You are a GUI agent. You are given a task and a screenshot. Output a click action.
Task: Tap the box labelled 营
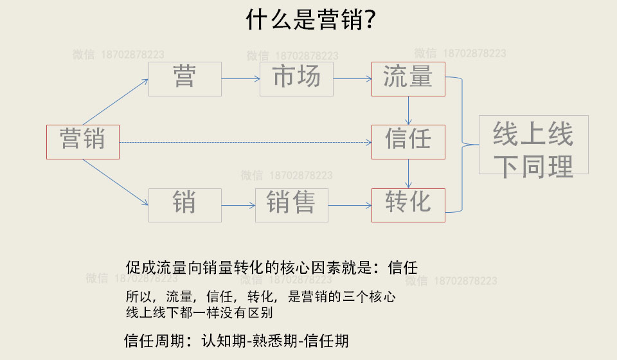click(184, 79)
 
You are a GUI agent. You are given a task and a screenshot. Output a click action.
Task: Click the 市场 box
click(296, 79)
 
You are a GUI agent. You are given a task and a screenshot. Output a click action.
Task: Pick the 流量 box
click(407, 79)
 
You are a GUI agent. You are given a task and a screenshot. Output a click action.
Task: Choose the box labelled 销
click(184, 205)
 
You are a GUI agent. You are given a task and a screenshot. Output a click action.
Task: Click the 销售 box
click(291, 205)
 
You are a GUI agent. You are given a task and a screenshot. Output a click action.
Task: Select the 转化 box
click(407, 205)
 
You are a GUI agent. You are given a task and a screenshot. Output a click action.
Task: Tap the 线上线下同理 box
click(533, 145)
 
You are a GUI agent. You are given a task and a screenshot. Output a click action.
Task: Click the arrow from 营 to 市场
click(240, 79)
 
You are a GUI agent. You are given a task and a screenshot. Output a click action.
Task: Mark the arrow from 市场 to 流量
click(352, 79)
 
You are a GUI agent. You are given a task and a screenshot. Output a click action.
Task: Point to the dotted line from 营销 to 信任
click(244, 142)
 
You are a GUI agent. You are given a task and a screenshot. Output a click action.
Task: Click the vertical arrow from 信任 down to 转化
click(408, 174)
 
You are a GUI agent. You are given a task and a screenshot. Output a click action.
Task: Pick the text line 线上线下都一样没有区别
click(199, 314)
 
